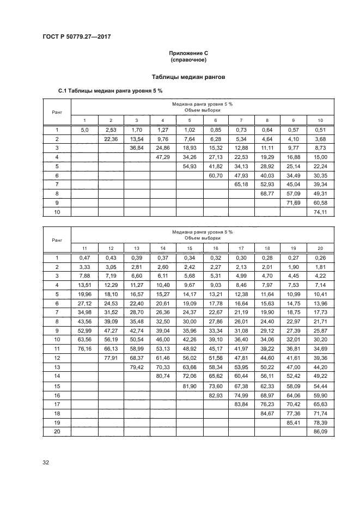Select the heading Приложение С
(x=188, y=53)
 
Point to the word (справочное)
(x=188, y=60)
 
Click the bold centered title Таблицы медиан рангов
(x=188, y=77)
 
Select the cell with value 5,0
(x=84, y=130)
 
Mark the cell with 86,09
(x=320, y=432)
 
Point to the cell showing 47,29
(x=163, y=157)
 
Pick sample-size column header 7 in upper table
(x=241, y=120)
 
